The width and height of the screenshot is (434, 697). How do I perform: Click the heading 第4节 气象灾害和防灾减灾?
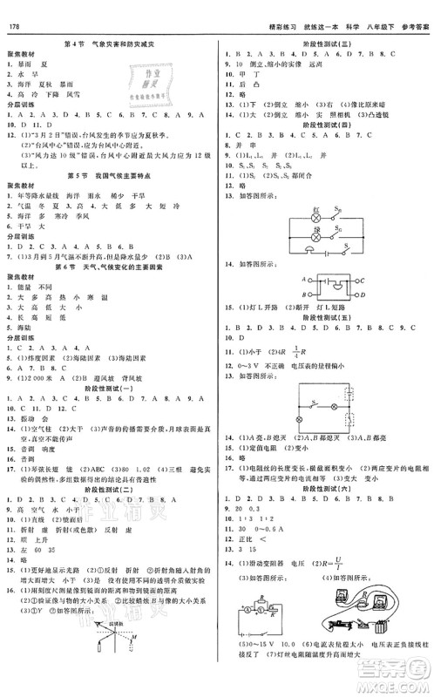click(x=108, y=44)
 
